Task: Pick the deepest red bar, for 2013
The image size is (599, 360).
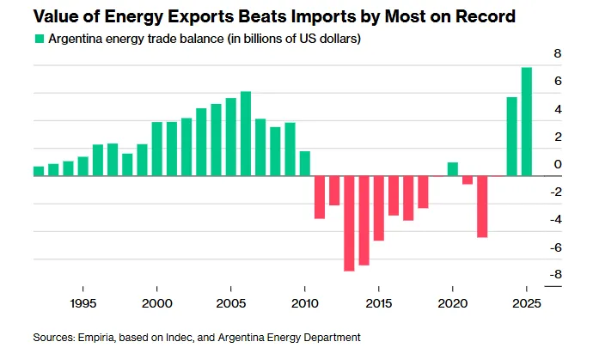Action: point(349,223)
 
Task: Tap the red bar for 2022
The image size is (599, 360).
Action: point(482,206)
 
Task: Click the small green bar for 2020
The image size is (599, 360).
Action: point(453,169)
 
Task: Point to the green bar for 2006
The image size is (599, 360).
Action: point(246,133)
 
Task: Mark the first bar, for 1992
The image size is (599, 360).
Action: point(39,171)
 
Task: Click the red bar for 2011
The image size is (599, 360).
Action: point(320,197)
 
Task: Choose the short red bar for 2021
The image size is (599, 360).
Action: point(468,180)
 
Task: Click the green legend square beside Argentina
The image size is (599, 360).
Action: point(38,39)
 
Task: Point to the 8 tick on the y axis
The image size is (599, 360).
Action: point(557,53)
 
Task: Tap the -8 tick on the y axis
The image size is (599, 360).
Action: point(555,275)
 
